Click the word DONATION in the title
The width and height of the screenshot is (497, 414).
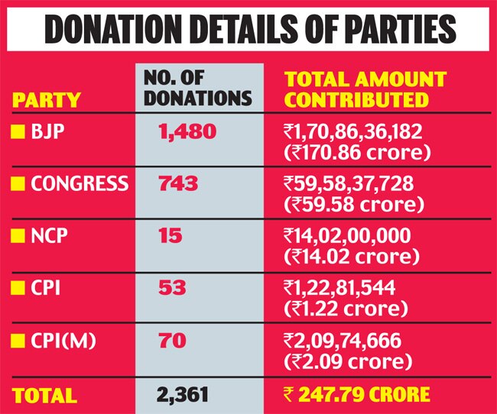[113, 29]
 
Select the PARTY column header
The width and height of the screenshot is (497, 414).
[47, 100]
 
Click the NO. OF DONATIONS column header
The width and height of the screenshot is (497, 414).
[198, 88]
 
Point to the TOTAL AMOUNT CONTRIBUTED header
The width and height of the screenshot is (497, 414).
[365, 89]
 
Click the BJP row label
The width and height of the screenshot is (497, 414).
[47, 131]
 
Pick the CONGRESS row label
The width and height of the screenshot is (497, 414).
[80, 183]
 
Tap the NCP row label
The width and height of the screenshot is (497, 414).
[49, 236]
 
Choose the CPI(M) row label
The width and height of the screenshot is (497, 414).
[63, 341]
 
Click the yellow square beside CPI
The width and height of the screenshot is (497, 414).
[18, 288]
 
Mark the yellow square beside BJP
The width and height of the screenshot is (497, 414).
[18, 131]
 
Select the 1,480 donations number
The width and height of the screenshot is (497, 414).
[187, 132]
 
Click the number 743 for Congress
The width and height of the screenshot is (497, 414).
[178, 184]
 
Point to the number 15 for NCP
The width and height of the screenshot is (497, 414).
[171, 236]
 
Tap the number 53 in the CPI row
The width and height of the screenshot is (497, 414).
[172, 288]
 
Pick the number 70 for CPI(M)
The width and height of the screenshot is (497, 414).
[173, 341]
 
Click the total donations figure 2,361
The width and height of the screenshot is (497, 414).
[183, 395]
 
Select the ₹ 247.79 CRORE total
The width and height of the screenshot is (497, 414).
[356, 394]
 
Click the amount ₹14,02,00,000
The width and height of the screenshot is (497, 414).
[347, 236]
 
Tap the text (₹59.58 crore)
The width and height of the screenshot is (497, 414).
[354, 204]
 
